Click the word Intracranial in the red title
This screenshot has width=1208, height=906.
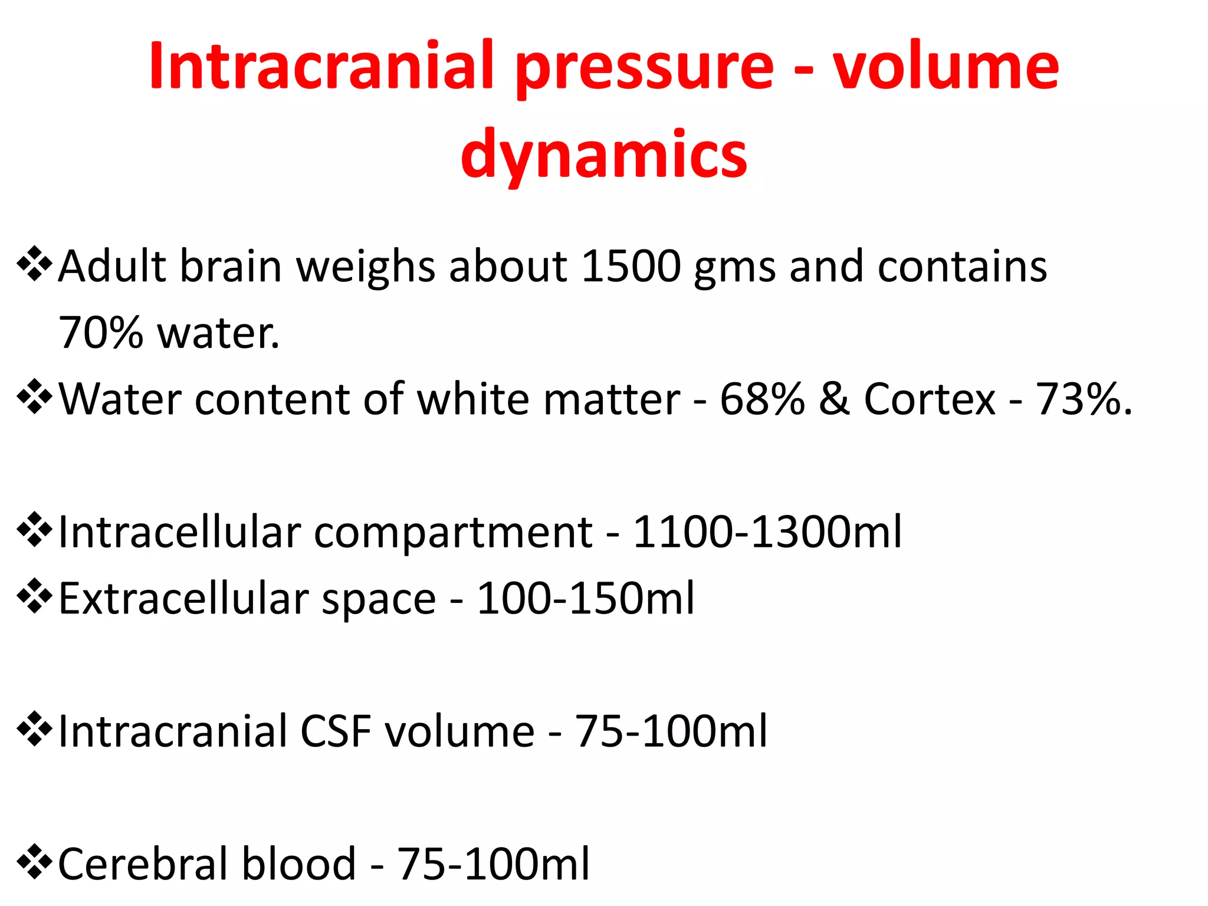[321, 66]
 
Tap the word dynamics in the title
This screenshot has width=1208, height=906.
[604, 155]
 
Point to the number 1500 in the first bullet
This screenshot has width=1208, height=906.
[631, 267]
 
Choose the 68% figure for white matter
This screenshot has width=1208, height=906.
[762, 399]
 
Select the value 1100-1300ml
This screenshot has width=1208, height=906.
[767, 532]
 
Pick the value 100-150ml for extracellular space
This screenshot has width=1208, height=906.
[585, 599]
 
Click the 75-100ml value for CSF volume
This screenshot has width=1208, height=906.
[671, 731]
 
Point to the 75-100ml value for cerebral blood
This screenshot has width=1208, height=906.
[493, 864]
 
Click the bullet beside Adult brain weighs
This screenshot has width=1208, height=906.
[35, 264]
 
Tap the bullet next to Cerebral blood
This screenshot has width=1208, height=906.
[35, 862]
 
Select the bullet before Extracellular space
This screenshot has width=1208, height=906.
[35, 596]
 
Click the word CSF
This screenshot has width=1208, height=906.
[336, 731]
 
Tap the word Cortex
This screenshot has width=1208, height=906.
[930, 399]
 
